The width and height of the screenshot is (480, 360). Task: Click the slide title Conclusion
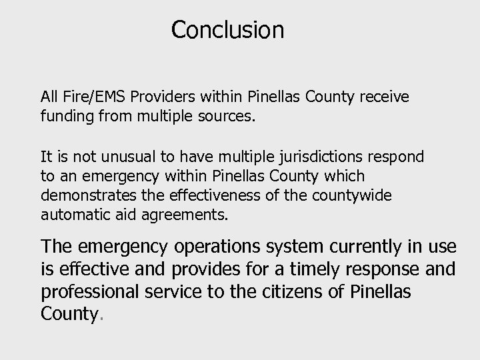pos(227,30)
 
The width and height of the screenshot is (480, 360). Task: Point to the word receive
pos(384,97)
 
